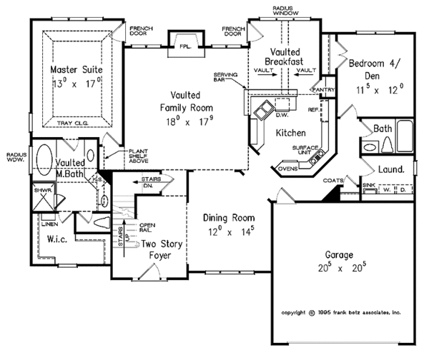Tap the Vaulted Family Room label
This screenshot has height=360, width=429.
click(185, 108)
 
